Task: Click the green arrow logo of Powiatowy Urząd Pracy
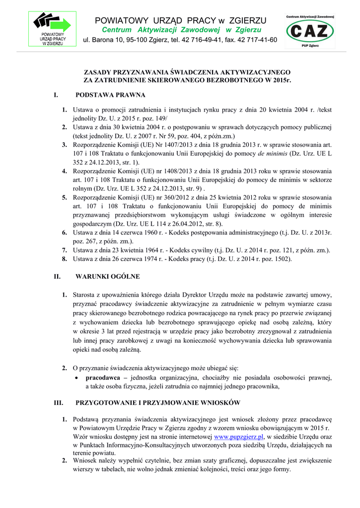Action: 52,23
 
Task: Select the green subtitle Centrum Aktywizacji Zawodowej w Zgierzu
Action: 181,30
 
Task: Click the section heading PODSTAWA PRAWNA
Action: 110,94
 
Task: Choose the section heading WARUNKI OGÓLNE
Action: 107,276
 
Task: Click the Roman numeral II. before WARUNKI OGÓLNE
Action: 57,276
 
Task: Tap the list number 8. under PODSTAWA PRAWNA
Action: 65,259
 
